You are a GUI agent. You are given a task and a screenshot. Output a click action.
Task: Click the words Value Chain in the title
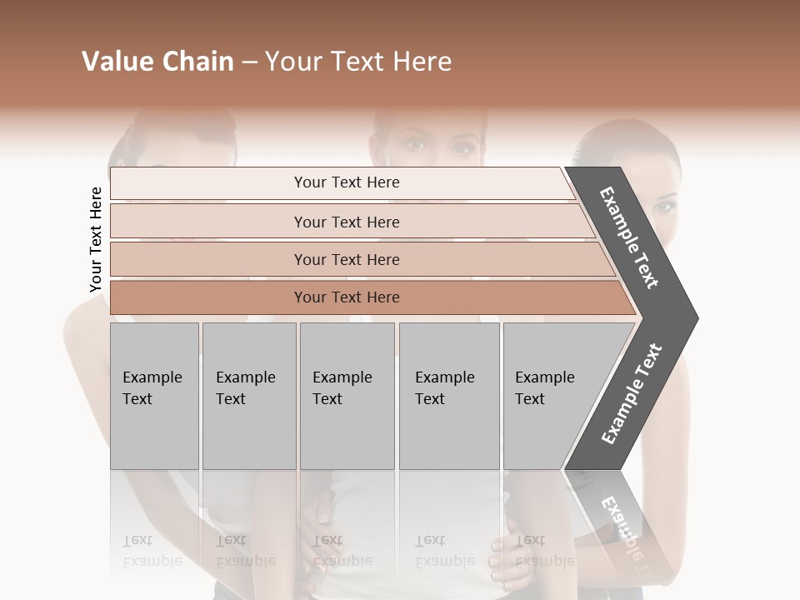(157, 62)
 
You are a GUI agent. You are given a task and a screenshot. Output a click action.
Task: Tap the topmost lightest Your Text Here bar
(346, 183)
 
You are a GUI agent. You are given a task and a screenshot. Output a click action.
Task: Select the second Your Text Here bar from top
(346, 222)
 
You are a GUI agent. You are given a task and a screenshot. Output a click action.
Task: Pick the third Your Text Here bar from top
(346, 260)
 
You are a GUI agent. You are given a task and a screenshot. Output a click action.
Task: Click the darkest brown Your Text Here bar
(346, 297)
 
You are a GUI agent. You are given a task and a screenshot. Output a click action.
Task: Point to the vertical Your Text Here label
(97, 240)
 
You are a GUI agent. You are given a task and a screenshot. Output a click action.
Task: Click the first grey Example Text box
(154, 396)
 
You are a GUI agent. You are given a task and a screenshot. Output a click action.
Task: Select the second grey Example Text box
(248, 396)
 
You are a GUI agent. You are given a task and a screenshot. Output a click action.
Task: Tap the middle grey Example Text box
(347, 396)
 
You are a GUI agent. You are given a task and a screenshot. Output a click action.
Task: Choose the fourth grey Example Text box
(448, 396)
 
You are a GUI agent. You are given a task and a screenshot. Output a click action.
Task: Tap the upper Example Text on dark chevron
(629, 238)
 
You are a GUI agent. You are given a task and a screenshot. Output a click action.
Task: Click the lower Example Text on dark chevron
(631, 394)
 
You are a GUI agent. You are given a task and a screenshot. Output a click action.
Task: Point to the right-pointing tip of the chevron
(693, 318)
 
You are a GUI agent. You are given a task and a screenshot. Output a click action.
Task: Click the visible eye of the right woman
(664, 206)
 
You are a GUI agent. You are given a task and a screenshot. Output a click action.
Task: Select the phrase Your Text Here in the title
(358, 62)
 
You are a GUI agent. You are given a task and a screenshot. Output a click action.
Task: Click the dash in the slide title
(249, 62)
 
